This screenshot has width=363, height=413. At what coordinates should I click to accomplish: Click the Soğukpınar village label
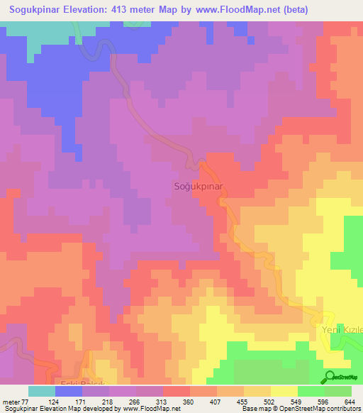click(x=199, y=186)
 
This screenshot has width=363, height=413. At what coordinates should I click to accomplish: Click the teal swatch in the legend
click(x=42, y=391)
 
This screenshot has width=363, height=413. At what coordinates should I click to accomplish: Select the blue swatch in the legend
click(x=69, y=391)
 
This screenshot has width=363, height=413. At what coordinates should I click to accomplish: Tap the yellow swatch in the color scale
click(x=284, y=391)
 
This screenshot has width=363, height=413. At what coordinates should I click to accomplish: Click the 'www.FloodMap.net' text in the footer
click(x=151, y=409)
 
